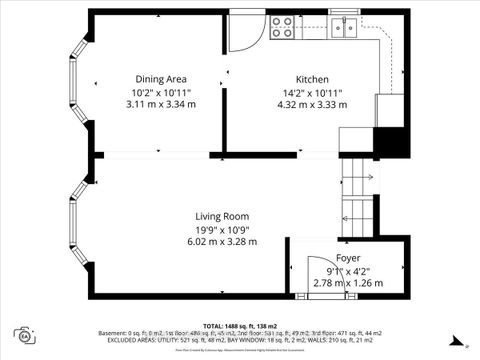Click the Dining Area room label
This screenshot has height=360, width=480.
coord(161,79)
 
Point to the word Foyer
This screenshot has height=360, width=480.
coord(348,258)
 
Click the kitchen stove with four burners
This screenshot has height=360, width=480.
coord(283,27)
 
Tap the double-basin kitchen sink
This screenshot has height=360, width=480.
coord(346,28)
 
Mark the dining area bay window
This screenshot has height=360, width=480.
coord(78,85)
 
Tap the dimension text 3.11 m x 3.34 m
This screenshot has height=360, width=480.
coord(161,103)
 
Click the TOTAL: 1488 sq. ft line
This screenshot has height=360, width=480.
coord(240,327)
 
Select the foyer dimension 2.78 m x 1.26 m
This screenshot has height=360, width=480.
coord(348,283)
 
